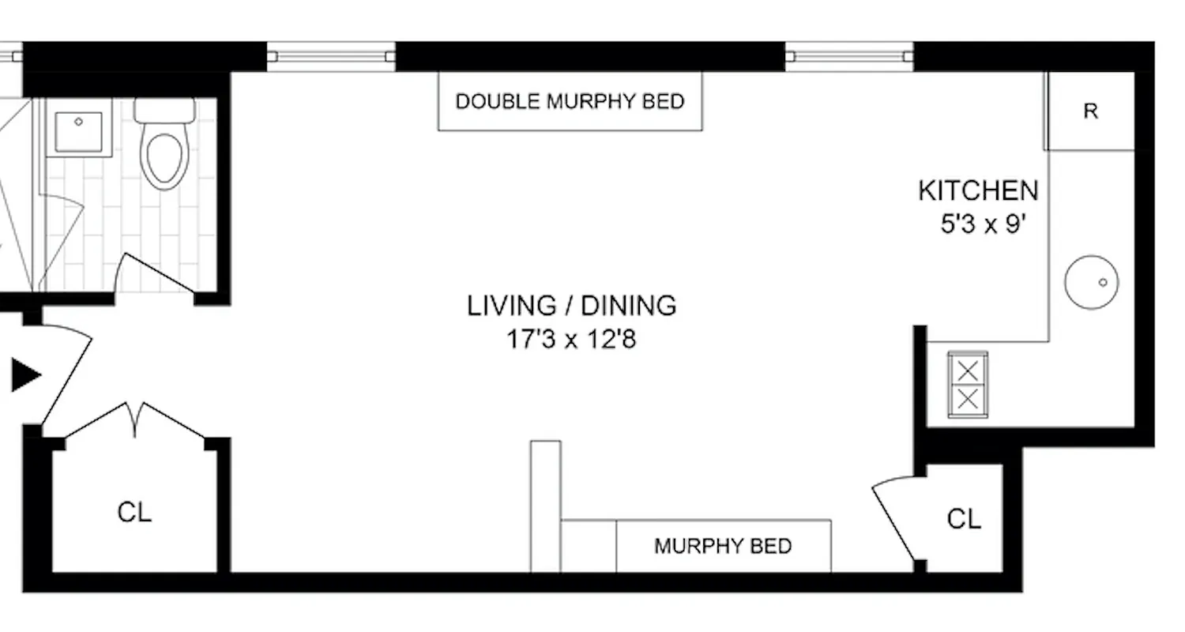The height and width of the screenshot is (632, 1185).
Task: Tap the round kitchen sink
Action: tap(1091, 282)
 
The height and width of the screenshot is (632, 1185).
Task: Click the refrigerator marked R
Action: tap(1090, 111)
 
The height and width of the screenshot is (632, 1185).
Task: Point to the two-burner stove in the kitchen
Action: tap(968, 384)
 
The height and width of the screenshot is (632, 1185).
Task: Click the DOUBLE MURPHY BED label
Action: tap(570, 102)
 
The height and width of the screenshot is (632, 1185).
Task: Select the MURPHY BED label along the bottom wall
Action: tap(722, 546)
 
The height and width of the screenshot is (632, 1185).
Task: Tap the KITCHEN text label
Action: tap(977, 190)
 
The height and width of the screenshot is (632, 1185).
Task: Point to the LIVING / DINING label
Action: tap(571, 305)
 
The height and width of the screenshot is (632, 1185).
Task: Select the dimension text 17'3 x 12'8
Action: tap(571, 340)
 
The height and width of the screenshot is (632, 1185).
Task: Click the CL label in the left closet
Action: tap(134, 512)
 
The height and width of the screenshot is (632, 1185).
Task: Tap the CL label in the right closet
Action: tap(964, 519)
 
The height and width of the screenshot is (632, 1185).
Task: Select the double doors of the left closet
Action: tap(135, 420)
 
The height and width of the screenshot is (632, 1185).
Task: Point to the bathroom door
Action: tap(154, 273)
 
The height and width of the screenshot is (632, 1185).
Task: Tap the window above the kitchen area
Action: tap(848, 56)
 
